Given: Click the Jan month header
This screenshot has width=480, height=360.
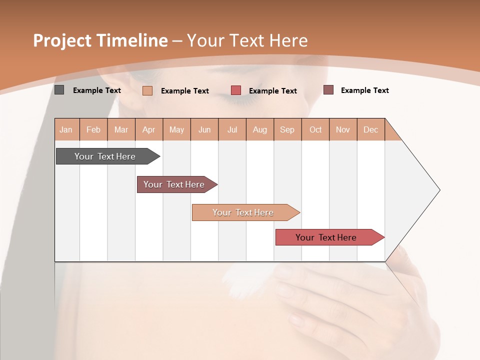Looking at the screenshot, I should pyautogui.click(x=66, y=130).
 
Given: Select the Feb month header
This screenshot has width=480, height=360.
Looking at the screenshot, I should pyautogui.click(x=93, y=130).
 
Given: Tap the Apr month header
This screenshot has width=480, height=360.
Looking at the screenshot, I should pyautogui.click(x=149, y=130).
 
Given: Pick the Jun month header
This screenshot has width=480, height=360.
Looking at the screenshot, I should pyautogui.click(x=204, y=130).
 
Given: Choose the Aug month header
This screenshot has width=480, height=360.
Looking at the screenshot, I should pyautogui.click(x=260, y=130).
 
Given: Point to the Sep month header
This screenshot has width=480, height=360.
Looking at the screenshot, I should pyautogui.click(x=287, y=130).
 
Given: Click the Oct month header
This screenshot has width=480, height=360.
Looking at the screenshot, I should pyautogui.click(x=315, y=130).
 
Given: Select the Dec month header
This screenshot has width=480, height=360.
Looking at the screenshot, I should pyautogui.click(x=370, y=130).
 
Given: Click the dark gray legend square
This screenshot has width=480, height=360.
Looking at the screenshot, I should pyautogui.click(x=59, y=90).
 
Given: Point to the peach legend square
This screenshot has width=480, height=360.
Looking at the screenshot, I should pyautogui.click(x=147, y=90).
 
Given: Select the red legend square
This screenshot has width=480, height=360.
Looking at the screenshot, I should pyautogui.click(x=236, y=90).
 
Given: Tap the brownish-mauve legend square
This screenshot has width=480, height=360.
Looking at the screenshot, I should pyautogui.click(x=328, y=90).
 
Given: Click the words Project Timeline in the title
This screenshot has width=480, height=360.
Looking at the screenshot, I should pyautogui.click(x=100, y=40).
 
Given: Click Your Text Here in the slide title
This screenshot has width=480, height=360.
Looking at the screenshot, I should pyautogui.click(x=247, y=40).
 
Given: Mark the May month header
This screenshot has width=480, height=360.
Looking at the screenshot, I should pyautogui.click(x=176, y=130).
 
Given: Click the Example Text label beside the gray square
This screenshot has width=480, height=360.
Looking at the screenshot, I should pyautogui.click(x=97, y=90).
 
